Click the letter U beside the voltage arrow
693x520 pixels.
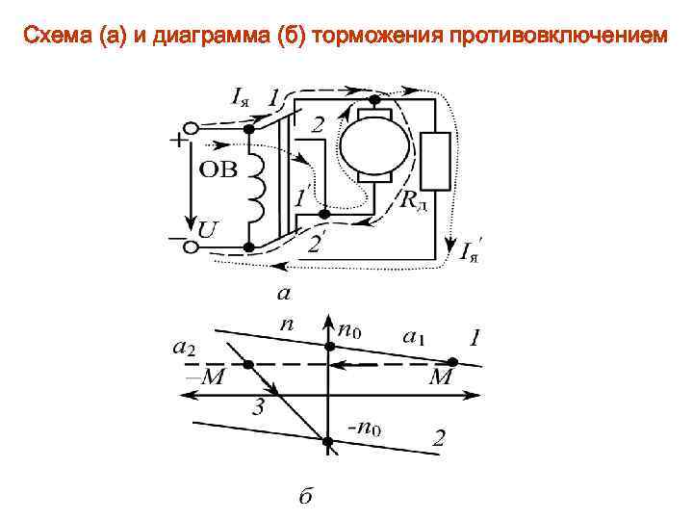tap(208, 231)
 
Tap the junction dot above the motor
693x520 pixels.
tap(375, 98)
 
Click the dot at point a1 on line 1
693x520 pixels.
tap(453, 363)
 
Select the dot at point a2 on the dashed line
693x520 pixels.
tap(248, 364)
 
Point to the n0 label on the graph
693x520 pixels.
tap(349, 332)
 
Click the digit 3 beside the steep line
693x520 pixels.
tap(258, 407)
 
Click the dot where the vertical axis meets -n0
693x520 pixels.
tap(328, 442)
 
